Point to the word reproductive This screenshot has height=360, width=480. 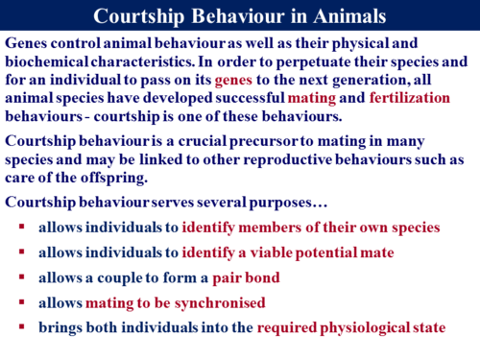(x=300, y=160)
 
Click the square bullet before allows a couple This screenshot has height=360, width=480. (x=21, y=278)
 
